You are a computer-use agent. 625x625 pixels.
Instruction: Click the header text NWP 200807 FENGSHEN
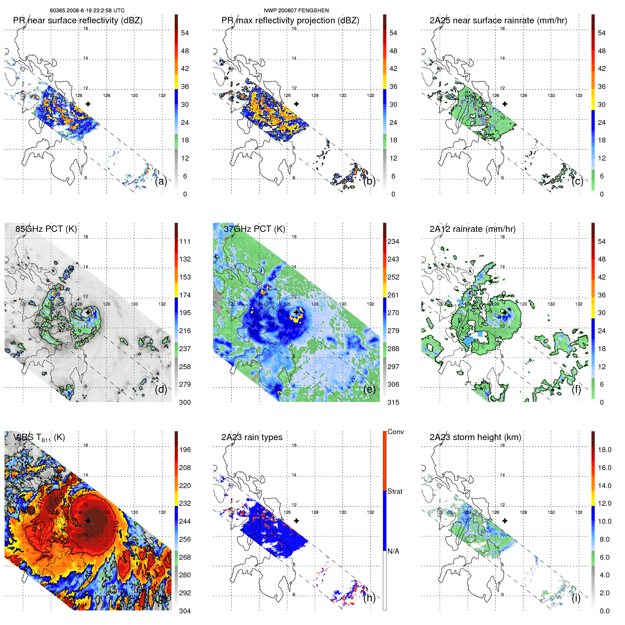tap(296, 11)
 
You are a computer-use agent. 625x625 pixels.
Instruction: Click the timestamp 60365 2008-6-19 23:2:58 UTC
tap(87, 11)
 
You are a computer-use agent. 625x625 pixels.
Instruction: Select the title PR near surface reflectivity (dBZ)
tap(78, 20)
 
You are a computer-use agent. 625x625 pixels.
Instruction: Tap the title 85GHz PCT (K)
tap(46, 229)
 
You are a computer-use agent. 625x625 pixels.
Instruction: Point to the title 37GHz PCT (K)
tap(254, 229)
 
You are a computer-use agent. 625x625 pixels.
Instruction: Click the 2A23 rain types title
tap(252, 437)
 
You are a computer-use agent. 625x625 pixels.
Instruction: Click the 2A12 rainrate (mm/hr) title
tap(473, 229)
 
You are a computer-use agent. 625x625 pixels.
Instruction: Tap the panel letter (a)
tap(161, 181)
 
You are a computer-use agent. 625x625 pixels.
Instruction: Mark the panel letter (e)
tap(369, 390)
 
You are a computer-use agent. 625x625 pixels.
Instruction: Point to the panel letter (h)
tap(369, 598)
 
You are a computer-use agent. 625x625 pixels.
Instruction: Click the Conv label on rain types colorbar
tap(396, 432)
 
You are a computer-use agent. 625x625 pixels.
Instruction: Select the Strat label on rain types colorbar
tap(395, 491)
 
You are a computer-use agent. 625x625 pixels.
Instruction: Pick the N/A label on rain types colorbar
tap(393, 551)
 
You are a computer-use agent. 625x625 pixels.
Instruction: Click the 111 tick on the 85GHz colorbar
tap(185, 241)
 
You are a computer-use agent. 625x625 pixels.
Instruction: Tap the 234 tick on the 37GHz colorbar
tap(393, 241)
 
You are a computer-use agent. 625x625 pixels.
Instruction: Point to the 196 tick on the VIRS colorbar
tap(185, 450)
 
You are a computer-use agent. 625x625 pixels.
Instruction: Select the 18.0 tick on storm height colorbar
tap(604, 450)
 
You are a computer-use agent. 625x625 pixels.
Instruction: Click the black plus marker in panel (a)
tap(88, 104)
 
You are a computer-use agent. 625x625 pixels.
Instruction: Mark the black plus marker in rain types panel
tap(296, 521)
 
